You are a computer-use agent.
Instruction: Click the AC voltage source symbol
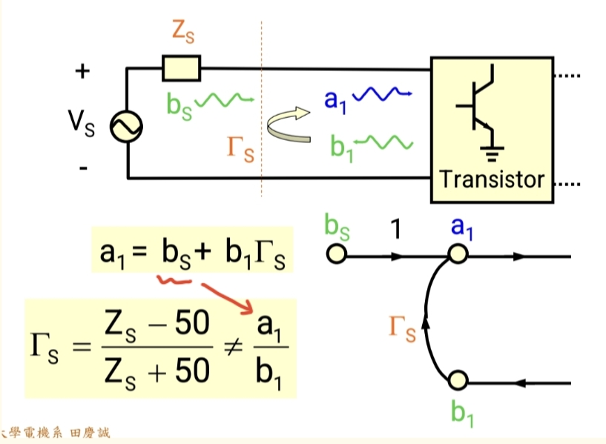point(127,127)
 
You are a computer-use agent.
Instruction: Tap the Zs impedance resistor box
point(182,70)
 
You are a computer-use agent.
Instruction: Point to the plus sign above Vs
point(82,72)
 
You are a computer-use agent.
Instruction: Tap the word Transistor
point(492,179)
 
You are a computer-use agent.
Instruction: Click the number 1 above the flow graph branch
point(396,231)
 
